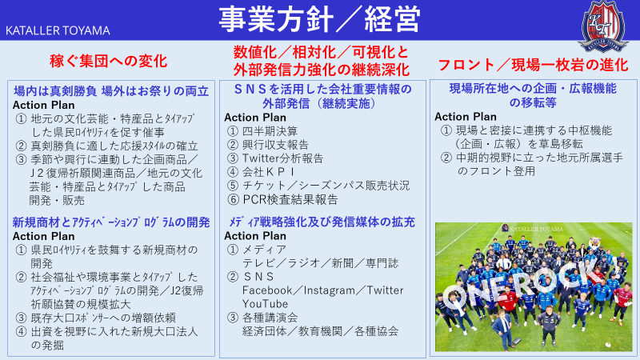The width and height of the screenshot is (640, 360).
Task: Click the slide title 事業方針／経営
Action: pos(319,19)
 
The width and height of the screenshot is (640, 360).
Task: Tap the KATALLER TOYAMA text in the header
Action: pos(58,30)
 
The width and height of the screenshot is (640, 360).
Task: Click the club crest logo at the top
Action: pos(603,26)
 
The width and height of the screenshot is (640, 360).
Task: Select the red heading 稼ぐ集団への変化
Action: pos(109,62)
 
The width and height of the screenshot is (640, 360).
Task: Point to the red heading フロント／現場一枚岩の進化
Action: pos(533,65)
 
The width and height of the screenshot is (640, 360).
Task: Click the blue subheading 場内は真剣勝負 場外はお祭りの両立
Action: pos(111,91)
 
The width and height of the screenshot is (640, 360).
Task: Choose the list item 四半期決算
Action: pos(270,131)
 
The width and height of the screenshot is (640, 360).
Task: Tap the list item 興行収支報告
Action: pos(275,145)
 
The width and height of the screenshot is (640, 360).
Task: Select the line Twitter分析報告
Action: pos(283,158)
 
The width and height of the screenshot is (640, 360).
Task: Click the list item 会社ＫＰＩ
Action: pos(269,172)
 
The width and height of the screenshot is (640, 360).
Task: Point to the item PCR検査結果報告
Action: pos(290,199)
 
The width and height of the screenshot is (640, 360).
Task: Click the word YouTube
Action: pos(266,304)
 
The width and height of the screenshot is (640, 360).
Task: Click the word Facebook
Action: pos(267,290)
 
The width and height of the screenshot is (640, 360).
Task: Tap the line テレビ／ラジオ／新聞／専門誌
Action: pos(321,263)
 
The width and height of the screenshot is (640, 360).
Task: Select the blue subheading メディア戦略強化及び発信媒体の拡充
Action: pos(322,222)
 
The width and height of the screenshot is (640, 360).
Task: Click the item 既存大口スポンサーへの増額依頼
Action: pos(103,318)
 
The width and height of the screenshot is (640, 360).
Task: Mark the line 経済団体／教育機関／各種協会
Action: pos(321,331)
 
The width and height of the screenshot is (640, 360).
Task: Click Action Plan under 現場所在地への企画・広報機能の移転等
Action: pos(466,117)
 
